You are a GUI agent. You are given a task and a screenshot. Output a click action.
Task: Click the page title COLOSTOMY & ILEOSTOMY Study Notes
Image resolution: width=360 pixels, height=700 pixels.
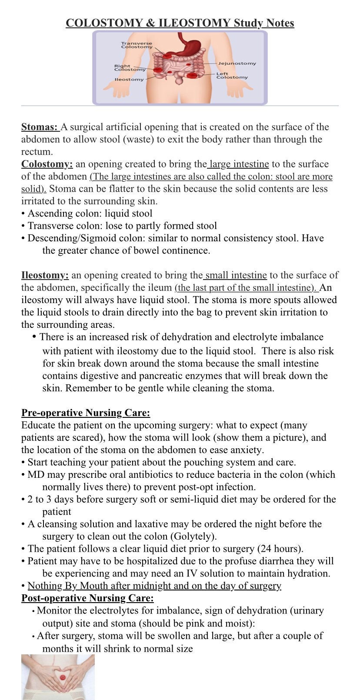[180, 23]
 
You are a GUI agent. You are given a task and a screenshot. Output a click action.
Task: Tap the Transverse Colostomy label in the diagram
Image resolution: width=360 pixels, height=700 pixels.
[137, 45]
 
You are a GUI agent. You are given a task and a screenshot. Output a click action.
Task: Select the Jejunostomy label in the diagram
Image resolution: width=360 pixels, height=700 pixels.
[237, 63]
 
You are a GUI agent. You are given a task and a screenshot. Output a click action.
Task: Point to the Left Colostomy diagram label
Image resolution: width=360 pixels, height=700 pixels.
[232, 76]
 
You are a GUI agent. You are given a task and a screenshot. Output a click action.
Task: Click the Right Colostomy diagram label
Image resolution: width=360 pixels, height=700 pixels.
[130, 68]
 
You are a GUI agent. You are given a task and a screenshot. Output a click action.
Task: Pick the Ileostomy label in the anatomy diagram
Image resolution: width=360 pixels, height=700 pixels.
[129, 80]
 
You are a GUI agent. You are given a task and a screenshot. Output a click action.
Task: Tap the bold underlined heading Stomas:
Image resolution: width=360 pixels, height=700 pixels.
[40, 127]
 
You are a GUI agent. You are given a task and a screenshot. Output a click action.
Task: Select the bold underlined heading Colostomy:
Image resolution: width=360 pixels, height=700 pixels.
[47, 164]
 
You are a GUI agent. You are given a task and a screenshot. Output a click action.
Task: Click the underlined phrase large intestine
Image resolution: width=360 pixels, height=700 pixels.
[239, 164]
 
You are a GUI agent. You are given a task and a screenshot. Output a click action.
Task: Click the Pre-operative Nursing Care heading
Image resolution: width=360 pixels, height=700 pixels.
[86, 413]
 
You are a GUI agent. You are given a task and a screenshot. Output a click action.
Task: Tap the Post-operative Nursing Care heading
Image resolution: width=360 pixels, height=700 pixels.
[87, 598]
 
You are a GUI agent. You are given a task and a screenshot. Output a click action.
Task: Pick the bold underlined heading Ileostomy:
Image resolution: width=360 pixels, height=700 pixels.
[45, 275]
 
